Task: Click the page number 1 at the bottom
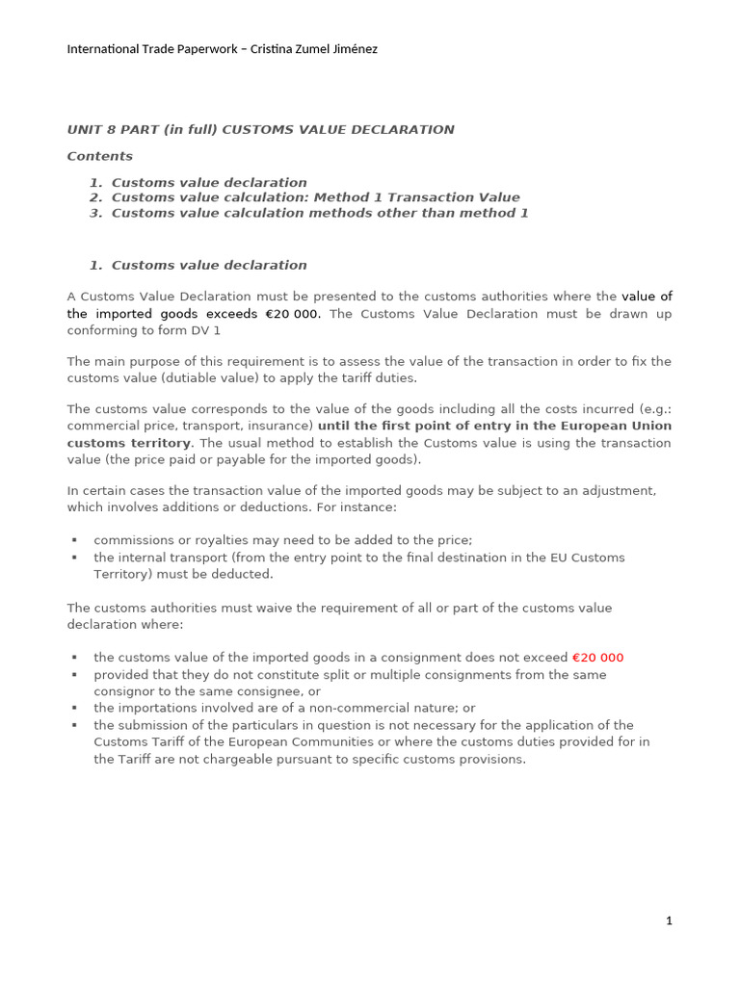point(669,921)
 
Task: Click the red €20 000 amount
point(597,658)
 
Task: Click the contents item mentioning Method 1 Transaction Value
point(315,197)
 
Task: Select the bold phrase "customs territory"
point(129,443)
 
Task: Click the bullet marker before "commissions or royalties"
point(74,540)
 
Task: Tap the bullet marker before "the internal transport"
point(74,558)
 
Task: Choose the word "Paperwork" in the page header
point(193,49)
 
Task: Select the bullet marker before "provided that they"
point(74,674)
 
